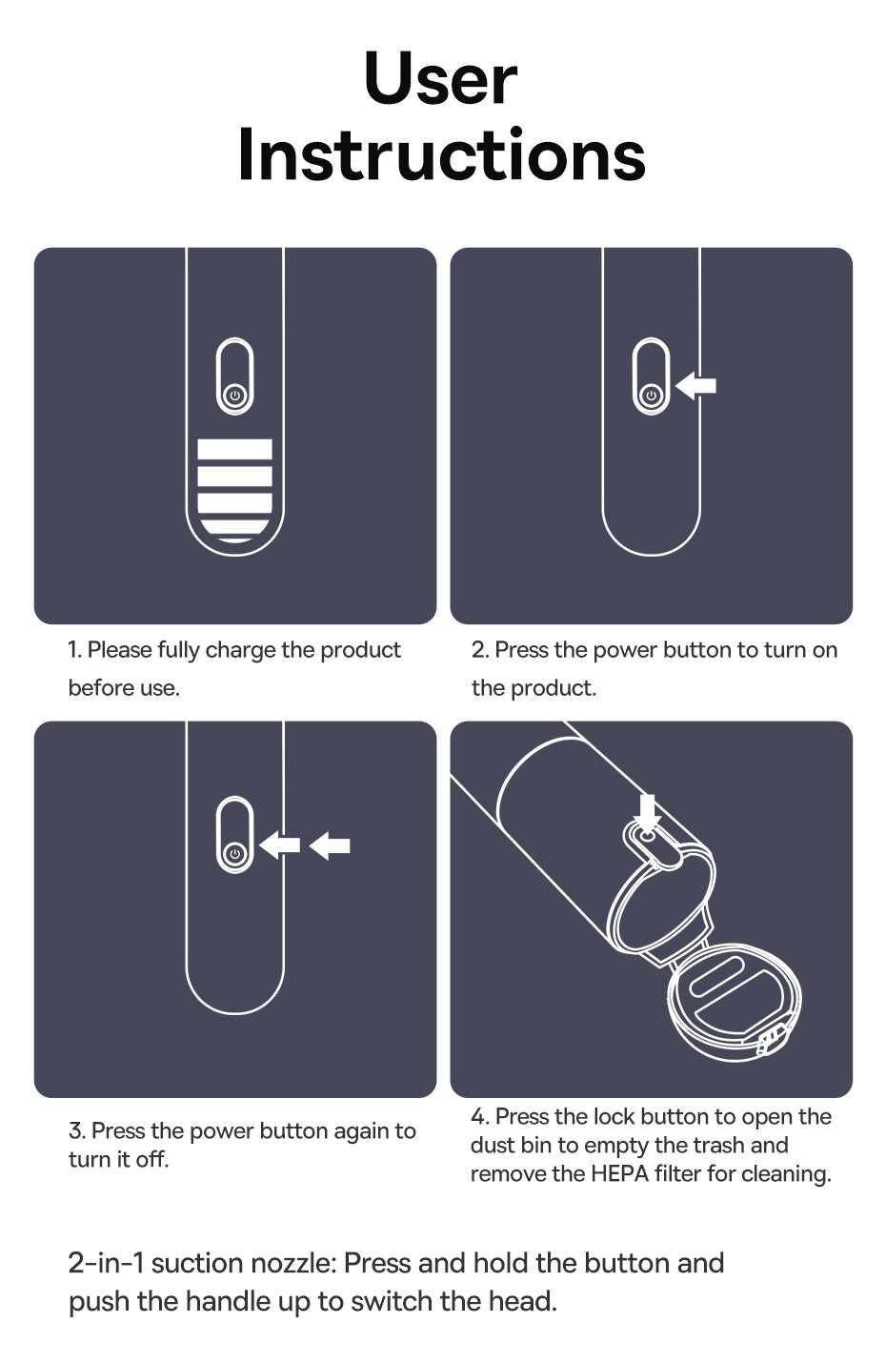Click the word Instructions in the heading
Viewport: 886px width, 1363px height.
coord(441,154)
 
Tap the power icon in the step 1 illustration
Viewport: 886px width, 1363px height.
coord(234,397)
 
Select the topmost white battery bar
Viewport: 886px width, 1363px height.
coord(234,450)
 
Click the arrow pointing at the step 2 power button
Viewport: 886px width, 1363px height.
coord(695,385)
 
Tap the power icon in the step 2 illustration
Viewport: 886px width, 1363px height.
coord(652,397)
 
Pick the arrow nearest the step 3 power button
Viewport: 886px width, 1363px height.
coord(280,845)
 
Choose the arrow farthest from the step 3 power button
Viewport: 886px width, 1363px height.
coord(330,845)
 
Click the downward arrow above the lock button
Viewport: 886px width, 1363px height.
coord(648,812)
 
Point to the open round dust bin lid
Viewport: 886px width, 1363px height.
coord(734,995)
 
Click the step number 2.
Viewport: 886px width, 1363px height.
coord(479,650)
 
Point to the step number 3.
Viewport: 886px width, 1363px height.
coord(76,1131)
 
